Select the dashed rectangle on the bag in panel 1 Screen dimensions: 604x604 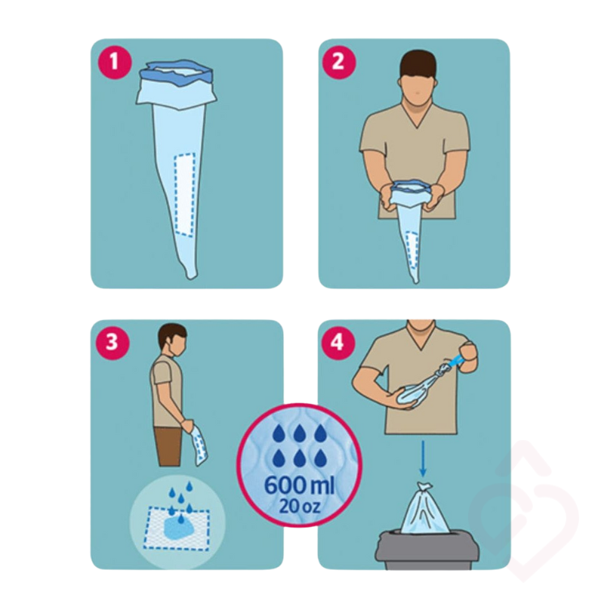click(x=184, y=193)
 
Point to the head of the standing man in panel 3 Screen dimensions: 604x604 click(x=174, y=341)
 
